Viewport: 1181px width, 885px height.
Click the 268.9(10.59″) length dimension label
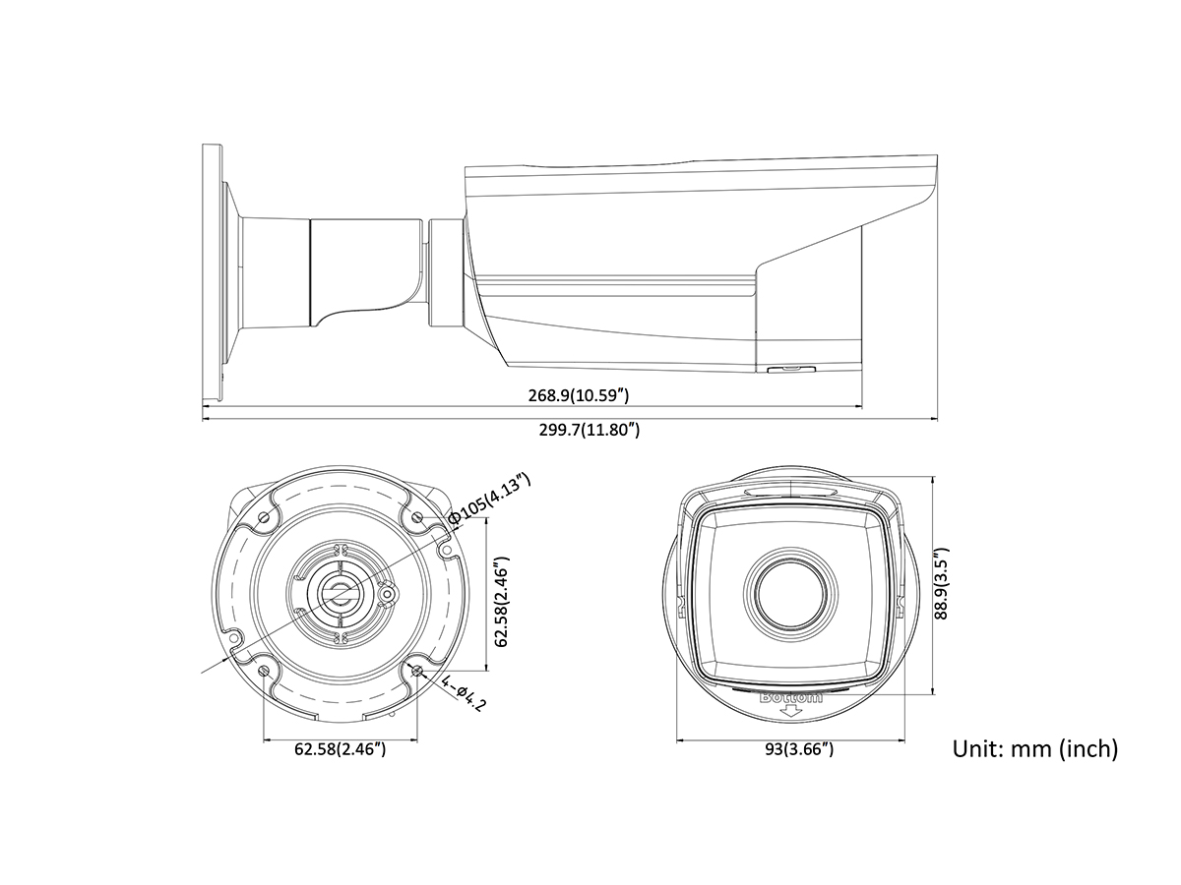(578, 395)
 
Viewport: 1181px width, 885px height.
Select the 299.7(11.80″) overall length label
(590, 430)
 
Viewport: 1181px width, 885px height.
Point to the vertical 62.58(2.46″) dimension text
(501, 602)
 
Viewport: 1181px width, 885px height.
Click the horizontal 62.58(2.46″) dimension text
(341, 749)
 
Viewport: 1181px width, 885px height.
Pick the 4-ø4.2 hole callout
(464, 693)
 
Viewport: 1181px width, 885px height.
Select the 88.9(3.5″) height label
(941, 584)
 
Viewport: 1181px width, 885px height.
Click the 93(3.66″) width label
(799, 749)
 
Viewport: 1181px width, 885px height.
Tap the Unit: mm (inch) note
(1035, 749)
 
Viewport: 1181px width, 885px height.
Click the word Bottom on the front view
(790, 698)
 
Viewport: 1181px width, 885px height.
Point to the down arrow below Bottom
(790, 711)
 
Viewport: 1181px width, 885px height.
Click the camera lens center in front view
(790, 595)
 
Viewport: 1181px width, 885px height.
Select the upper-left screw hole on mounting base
(264, 517)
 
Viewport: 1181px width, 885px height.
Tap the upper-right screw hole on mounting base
(417, 517)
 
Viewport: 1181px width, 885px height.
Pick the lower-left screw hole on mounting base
(264, 672)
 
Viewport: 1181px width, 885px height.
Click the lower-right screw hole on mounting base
(417, 671)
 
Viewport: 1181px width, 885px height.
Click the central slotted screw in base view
(341, 593)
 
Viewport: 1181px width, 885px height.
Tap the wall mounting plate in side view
(212, 273)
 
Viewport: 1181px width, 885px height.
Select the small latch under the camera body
(791, 369)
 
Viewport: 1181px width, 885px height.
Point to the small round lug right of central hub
(387, 593)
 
